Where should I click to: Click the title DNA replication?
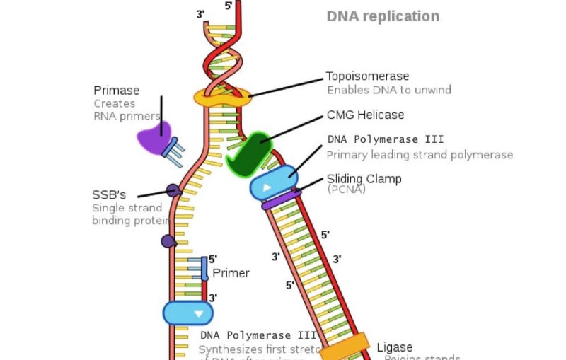[383, 16]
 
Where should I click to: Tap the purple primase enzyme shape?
[154, 138]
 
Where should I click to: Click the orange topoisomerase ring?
[222, 98]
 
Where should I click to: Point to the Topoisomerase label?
[366, 76]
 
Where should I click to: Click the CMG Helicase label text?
[365, 115]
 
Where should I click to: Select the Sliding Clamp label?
[364, 179]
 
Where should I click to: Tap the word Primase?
[116, 91]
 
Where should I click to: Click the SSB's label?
[108, 194]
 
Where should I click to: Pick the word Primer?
[231, 273]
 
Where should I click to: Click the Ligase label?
[394, 347]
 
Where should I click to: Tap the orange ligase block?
[345, 346]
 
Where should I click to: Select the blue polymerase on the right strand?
[273, 182]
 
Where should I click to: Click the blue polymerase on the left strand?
[187, 313]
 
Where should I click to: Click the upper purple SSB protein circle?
[173, 190]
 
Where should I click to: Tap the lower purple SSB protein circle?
[168, 241]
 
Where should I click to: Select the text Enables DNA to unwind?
[388, 91]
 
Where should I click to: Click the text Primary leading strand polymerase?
[419, 155]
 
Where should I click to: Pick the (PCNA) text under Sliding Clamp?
[346, 190]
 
